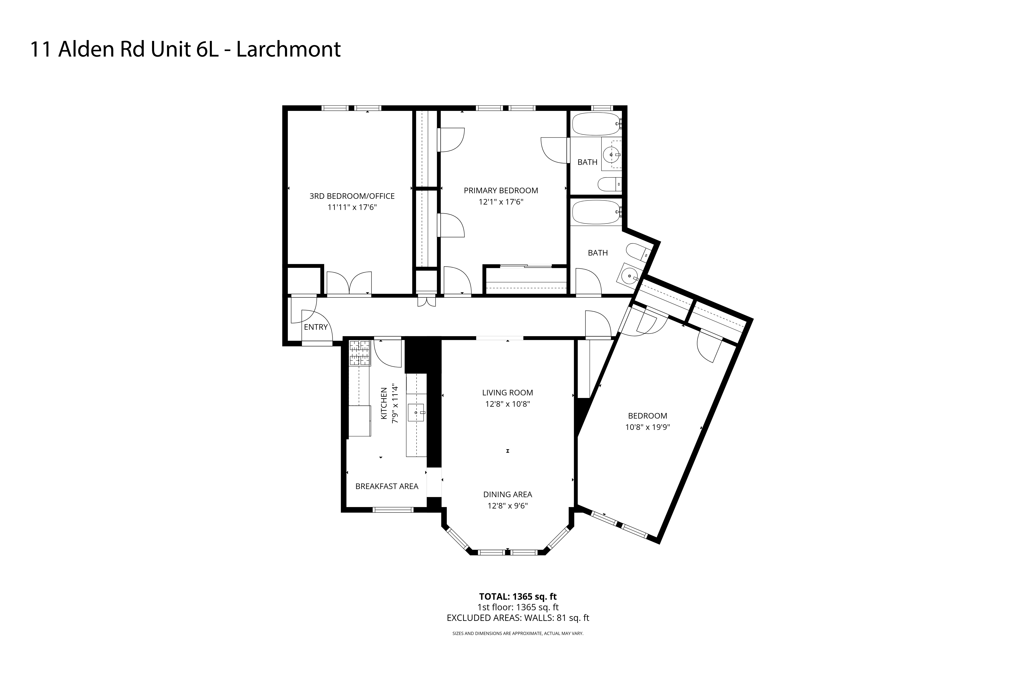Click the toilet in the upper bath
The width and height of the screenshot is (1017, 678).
click(x=609, y=185)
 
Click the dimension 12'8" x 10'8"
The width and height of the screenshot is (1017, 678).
click(x=507, y=404)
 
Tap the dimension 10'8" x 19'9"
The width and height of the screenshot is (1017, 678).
click(x=647, y=427)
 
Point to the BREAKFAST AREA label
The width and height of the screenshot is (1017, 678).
click(x=386, y=486)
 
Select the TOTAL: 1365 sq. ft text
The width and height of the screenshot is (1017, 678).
click(x=517, y=597)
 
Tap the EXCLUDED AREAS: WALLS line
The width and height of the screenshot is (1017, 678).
click(x=517, y=618)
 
